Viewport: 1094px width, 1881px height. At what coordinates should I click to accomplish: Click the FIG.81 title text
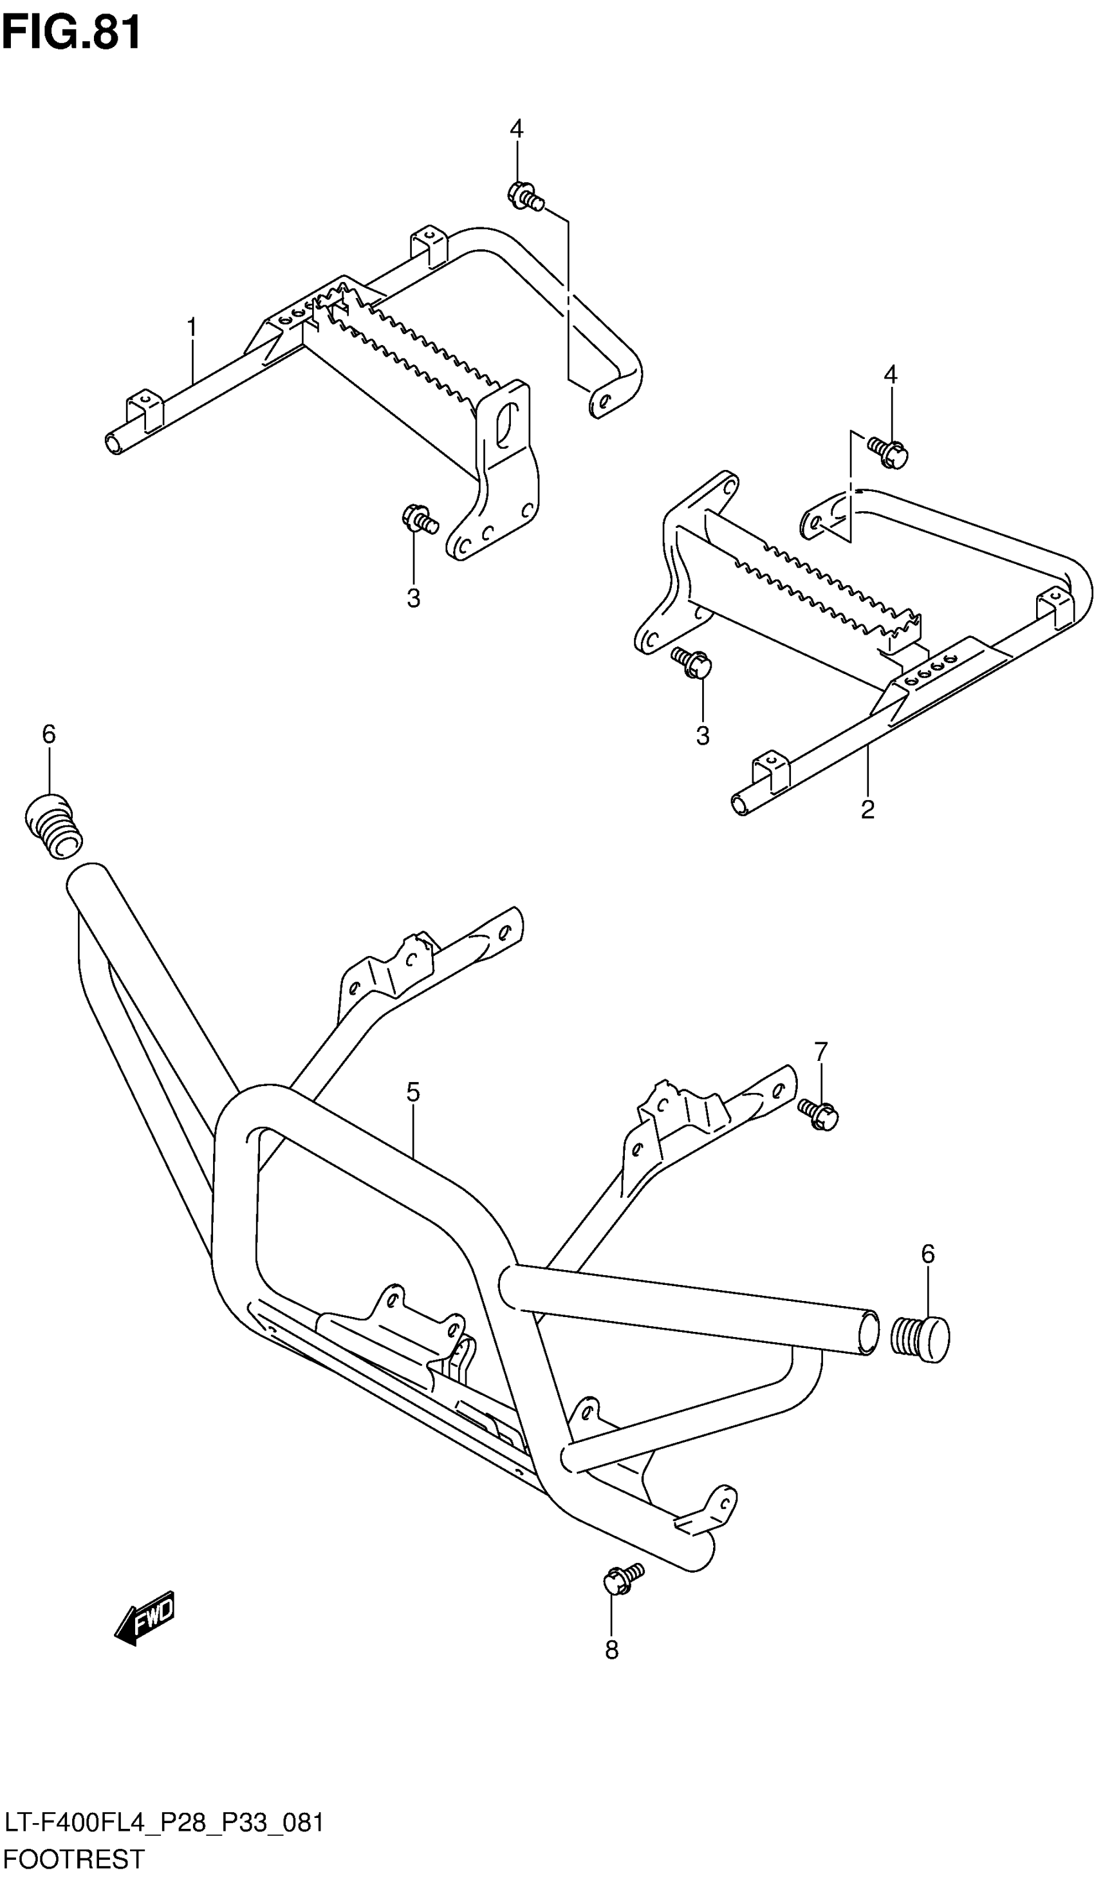click(71, 33)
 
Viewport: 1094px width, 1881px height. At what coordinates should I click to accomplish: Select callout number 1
click(192, 327)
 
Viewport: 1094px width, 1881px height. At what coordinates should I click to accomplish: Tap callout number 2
click(866, 809)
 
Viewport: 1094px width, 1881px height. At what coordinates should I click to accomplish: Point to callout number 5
click(413, 1092)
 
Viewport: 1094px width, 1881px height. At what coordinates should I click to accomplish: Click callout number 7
click(821, 1051)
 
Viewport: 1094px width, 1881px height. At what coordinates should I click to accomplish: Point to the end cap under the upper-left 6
click(52, 827)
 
